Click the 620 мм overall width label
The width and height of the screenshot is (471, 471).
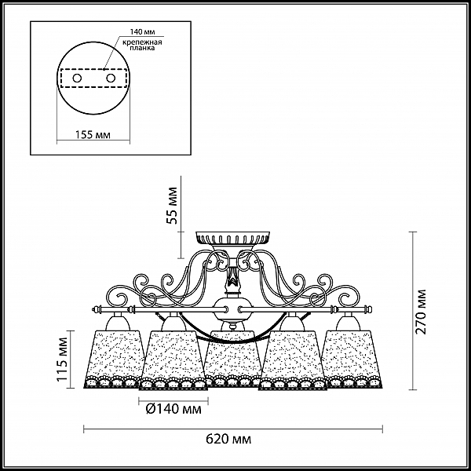(x=228, y=440)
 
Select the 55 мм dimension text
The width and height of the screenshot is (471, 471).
(x=172, y=206)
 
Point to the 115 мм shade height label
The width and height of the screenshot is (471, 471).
(x=63, y=360)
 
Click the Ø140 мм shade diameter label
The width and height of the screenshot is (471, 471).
(x=173, y=409)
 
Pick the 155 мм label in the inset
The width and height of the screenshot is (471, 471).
(x=93, y=135)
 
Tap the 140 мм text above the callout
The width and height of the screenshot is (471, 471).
(x=142, y=32)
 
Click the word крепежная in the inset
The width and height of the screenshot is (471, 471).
(x=142, y=42)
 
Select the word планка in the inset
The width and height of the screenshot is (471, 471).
(x=142, y=48)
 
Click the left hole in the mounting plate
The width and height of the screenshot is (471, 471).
(x=77, y=78)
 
